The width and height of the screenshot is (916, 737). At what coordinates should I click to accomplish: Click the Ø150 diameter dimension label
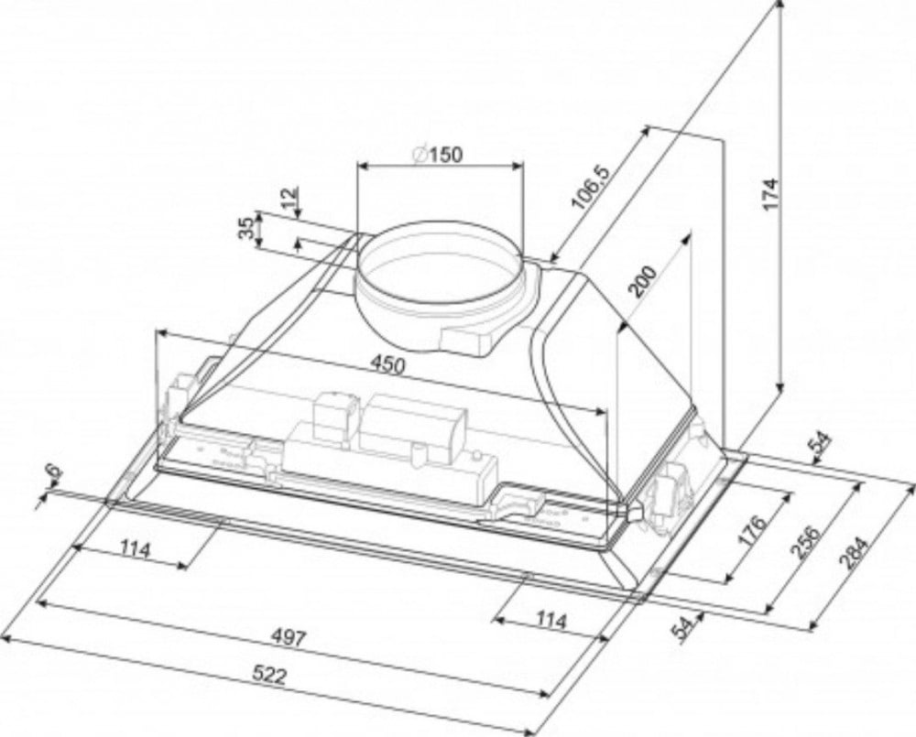pos(437,154)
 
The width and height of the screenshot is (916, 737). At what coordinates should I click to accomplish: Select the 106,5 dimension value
pos(590,188)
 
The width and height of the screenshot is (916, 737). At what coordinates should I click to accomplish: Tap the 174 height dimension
pos(771,194)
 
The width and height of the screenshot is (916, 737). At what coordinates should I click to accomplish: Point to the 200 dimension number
pos(643,281)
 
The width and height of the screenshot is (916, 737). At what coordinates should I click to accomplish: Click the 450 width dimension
pos(387,365)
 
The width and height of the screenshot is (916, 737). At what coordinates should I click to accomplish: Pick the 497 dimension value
pos(289,638)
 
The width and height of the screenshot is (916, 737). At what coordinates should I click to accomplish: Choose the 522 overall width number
pos(270,676)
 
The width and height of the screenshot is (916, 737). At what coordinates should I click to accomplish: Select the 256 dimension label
pos(805,542)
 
